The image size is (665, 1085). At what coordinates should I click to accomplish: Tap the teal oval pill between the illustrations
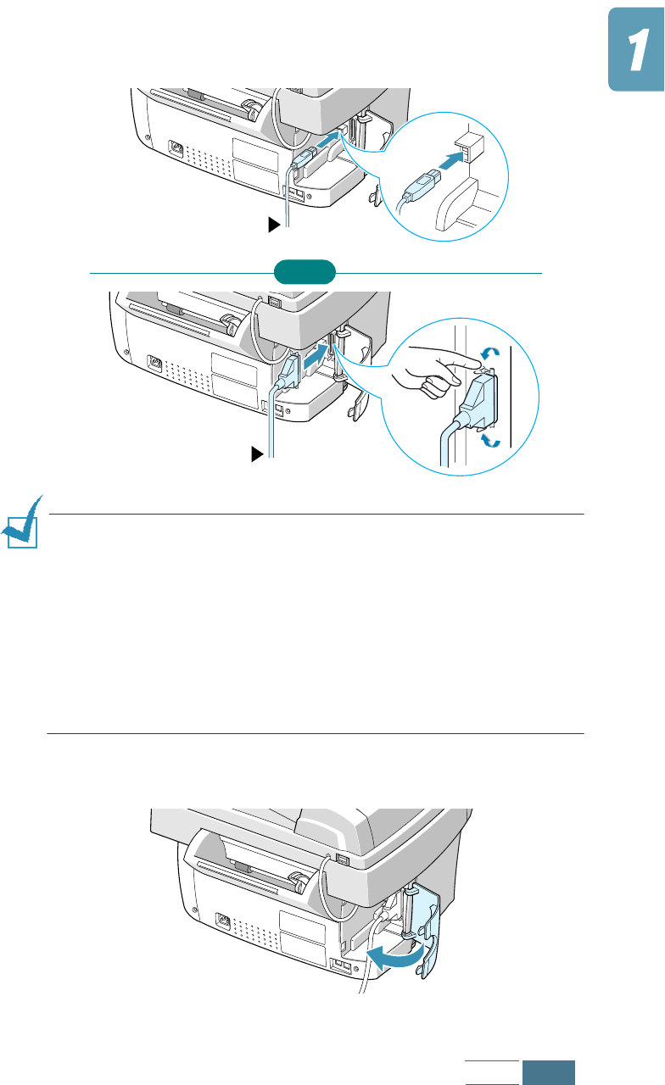click(305, 272)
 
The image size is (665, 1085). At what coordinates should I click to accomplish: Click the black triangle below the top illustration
click(273, 225)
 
